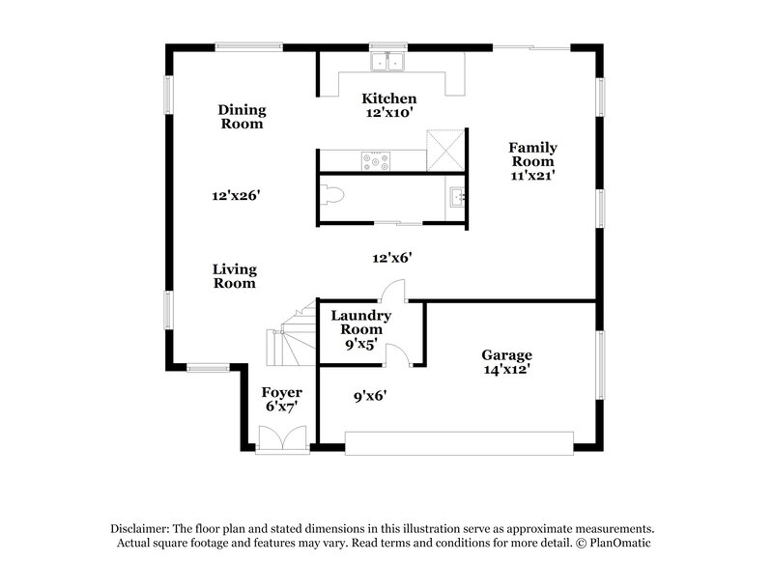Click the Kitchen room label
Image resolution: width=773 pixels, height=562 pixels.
388,98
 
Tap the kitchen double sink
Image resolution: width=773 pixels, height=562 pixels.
389,62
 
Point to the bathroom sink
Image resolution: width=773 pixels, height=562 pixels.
455,199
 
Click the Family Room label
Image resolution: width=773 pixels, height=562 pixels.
532,155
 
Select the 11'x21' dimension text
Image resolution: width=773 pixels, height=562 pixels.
532,176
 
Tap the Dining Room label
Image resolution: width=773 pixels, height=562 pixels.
241,117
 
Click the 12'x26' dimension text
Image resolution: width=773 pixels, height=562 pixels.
237,195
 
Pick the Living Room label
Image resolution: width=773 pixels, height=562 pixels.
235,276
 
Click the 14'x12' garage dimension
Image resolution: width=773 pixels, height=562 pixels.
507,369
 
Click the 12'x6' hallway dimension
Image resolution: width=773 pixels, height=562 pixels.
393,258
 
